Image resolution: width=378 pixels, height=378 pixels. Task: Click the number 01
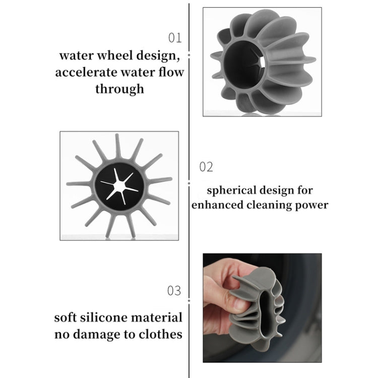(x=174, y=38)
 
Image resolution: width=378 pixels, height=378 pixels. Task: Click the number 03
(x=174, y=291)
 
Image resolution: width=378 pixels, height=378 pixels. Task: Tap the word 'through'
(x=119, y=89)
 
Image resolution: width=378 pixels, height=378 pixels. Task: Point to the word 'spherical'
(x=230, y=191)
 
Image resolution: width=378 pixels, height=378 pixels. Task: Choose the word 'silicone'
(x=111, y=318)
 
